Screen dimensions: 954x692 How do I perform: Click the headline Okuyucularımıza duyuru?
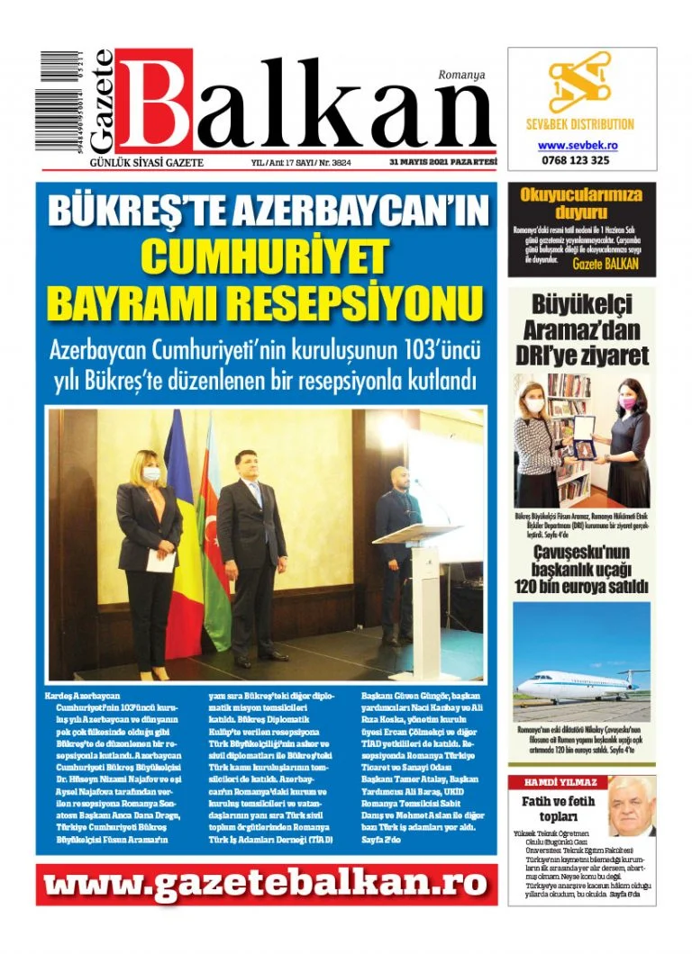coord(581,203)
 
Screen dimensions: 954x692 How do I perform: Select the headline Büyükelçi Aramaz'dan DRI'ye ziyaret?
coord(581,329)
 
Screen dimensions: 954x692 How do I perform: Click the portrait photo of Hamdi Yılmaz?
coord(631,805)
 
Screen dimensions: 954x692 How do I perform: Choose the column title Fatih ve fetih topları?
coord(559,809)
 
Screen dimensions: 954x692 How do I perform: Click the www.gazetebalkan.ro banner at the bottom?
coord(267,885)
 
